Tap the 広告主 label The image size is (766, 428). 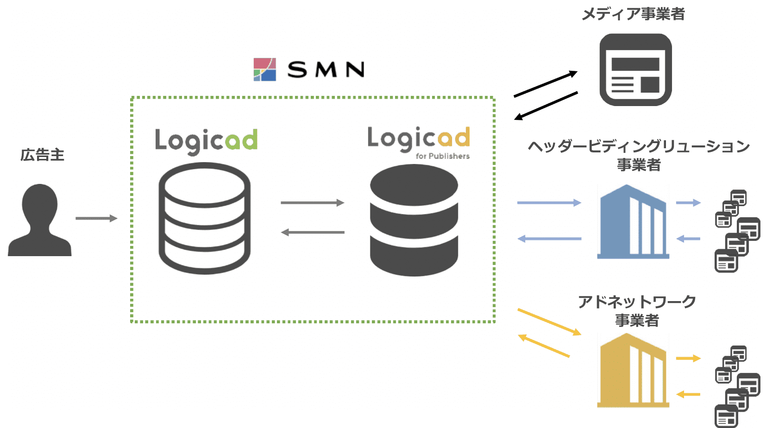point(42,155)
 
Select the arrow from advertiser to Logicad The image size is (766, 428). point(96,218)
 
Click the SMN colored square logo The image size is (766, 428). point(265,69)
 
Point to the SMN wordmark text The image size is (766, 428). point(326,70)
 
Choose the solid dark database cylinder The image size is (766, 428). point(414,220)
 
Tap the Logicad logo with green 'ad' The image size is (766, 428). point(206,140)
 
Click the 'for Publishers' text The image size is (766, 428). point(442,156)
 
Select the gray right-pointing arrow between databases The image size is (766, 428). point(312,202)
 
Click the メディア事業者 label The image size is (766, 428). point(633,14)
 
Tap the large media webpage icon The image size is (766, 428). point(635,69)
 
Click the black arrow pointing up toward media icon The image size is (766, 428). point(546,84)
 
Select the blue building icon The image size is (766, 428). point(633,221)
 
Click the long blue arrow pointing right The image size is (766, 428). point(549,202)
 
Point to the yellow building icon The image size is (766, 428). point(633,370)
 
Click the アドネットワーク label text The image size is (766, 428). point(637,302)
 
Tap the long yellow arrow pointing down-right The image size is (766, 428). point(549,321)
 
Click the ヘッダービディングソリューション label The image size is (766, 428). point(639,146)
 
